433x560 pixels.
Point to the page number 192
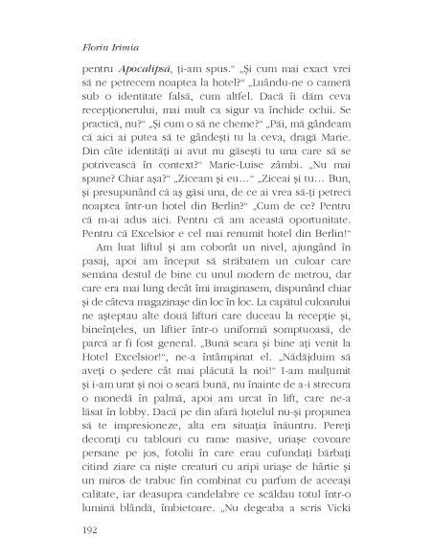81,526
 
